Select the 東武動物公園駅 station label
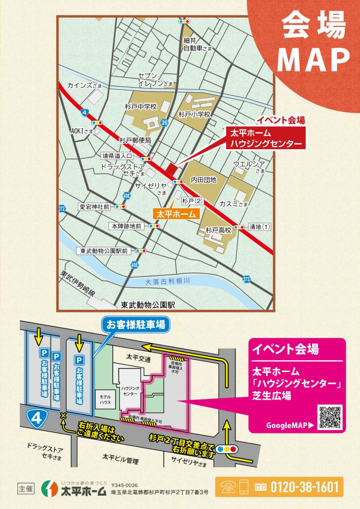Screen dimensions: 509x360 click(x=148, y=305)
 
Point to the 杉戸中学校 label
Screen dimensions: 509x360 click(x=140, y=106)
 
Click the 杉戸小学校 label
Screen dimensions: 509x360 click(x=194, y=115)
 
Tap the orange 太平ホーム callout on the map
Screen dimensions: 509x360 click(x=175, y=214)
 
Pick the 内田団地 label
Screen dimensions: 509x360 click(x=204, y=180)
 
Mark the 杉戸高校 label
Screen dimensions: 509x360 click(x=218, y=230)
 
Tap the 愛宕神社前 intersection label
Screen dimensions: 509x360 click(x=94, y=207)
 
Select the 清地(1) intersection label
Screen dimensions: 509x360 click(x=260, y=227)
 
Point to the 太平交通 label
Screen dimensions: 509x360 click(x=139, y=359)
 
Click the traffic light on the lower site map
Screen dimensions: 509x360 click(x=227, y=449)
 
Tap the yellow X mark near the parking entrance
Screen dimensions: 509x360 click(x=63, y=417)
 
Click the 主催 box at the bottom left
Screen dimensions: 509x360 click(x=25, y=487)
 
